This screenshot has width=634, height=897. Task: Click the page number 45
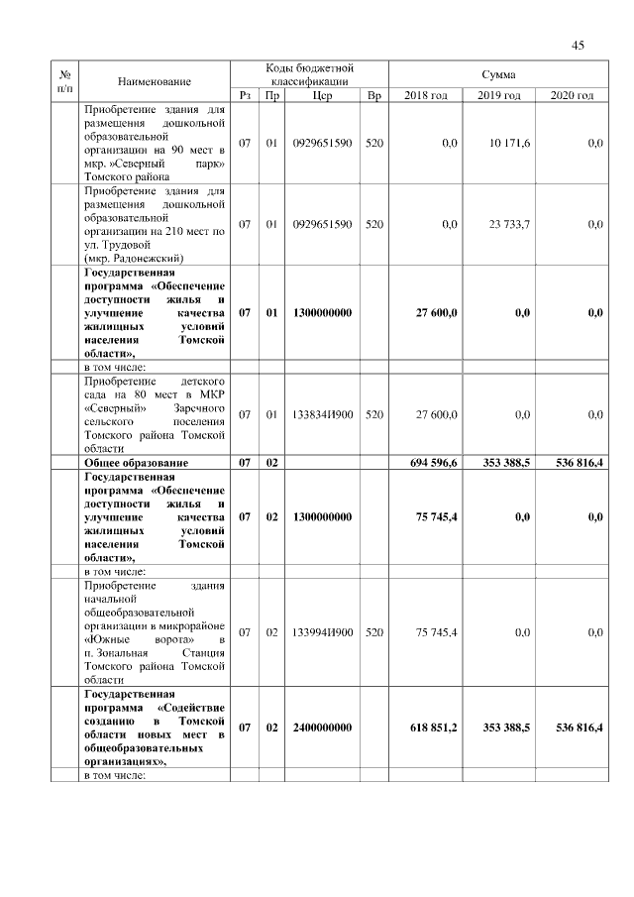[x=580, y=44]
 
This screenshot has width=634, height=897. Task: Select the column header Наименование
[x=154, y=80]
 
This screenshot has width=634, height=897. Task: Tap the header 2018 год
[x=426, y=95]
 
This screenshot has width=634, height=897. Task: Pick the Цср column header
[x=322, y=95]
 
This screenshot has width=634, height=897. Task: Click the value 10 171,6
[x=509, y=144]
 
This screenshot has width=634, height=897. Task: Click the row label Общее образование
[x=137, y=463]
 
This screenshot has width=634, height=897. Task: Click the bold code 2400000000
[x=323, y=728]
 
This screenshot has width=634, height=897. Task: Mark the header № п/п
[x=64, y=80]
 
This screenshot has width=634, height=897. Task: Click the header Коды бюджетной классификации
[x=310, y=74]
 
